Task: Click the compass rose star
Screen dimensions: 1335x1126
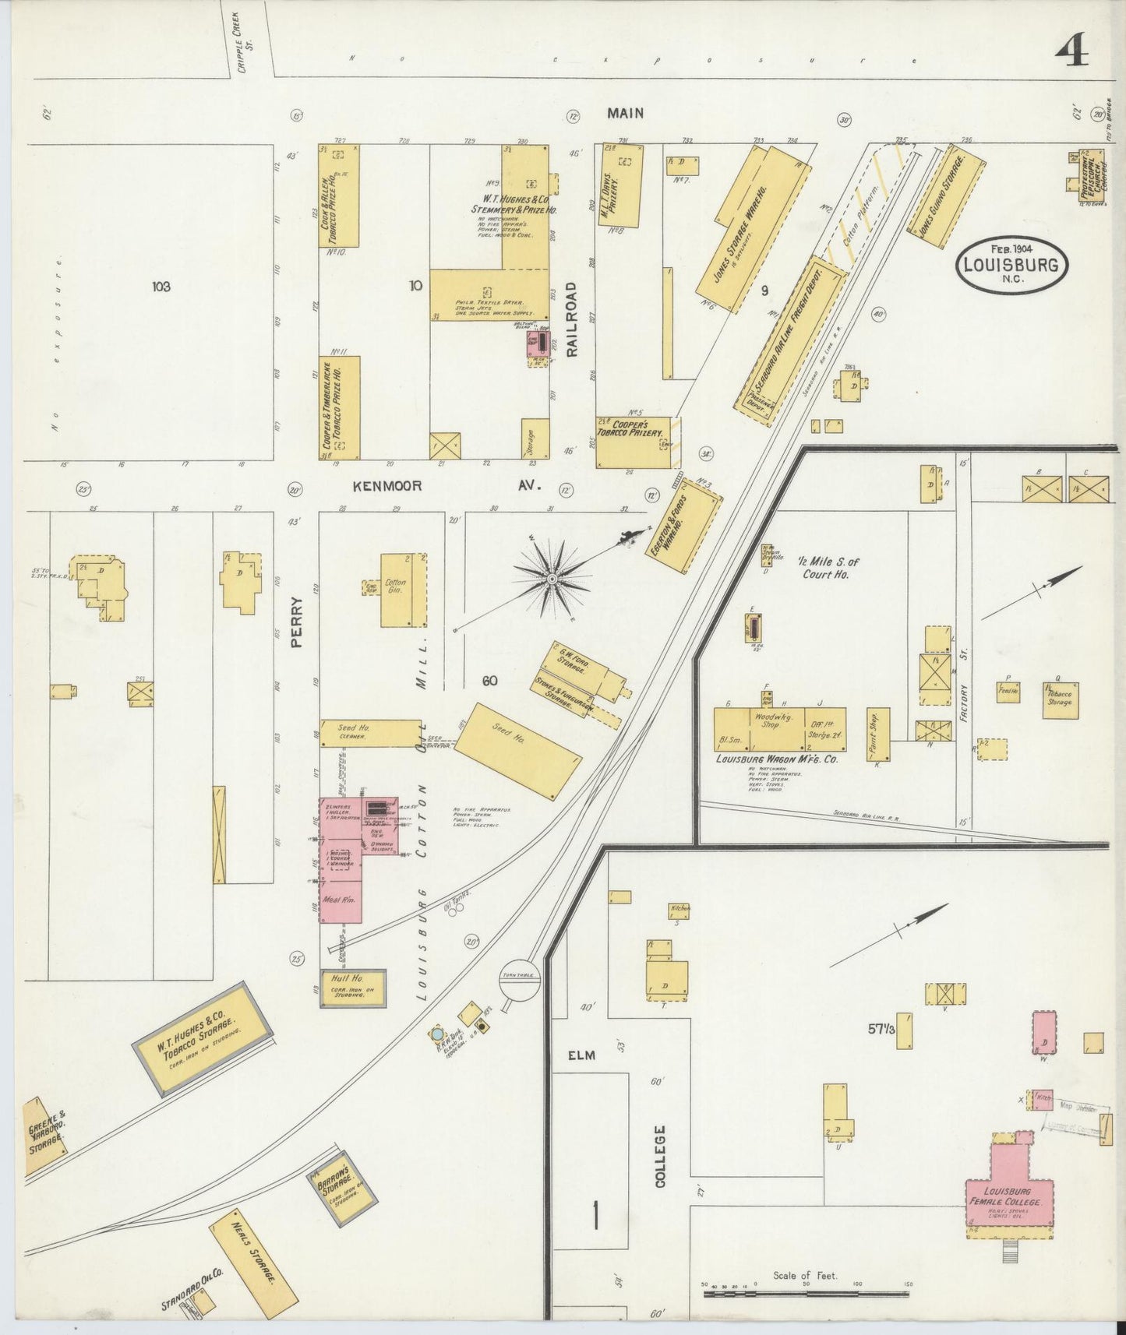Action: (552, 579)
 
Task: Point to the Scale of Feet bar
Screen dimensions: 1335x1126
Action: (806, 1294)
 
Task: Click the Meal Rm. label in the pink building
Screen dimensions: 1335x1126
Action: (341, 900)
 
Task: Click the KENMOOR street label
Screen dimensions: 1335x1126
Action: (387, 486)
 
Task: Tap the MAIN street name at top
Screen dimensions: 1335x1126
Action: (626, 113)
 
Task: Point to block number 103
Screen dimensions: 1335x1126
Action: (161, 287)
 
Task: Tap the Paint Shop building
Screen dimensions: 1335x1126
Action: (877, 734)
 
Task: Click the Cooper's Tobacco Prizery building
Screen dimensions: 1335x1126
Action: (634, 442)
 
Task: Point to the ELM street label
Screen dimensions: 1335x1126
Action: (581, 1055)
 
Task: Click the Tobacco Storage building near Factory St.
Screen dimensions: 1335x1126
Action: (1058, 699)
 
